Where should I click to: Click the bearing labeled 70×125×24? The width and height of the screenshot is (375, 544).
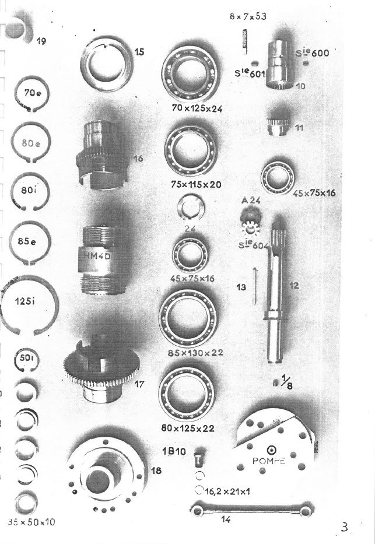(191, 75)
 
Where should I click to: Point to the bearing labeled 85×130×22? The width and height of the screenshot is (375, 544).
(188, 318)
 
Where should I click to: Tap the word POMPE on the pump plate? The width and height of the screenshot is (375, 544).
(269, 461)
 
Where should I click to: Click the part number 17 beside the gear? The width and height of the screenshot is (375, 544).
(138, 384)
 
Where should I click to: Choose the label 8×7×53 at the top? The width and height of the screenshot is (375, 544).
(248, 16)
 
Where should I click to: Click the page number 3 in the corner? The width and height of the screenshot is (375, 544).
(345, 528)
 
